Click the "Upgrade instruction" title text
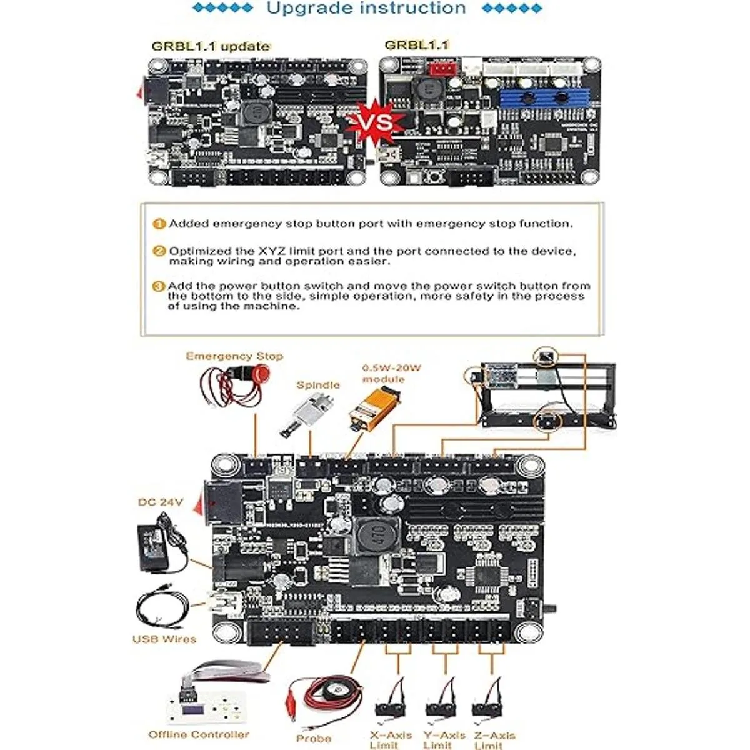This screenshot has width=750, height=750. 366,9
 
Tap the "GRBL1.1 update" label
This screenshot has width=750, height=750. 211,46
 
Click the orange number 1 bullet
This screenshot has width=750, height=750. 159,224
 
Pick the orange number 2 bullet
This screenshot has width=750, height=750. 159,251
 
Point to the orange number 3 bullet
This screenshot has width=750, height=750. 159,286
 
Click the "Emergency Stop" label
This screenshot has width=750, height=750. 234,356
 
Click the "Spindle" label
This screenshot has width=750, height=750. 318,385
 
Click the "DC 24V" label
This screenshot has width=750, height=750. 161,502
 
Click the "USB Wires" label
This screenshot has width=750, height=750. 164,639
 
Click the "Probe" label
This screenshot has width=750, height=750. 314,738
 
